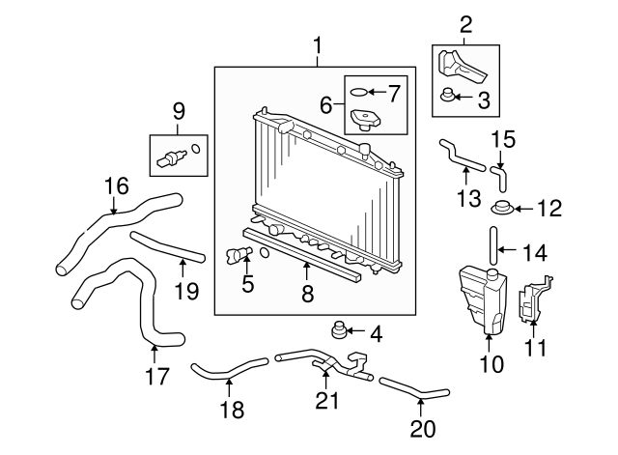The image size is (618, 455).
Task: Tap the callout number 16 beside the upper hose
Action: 116,185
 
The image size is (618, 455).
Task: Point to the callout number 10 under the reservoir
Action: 492,365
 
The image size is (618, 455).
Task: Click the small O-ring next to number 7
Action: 358,94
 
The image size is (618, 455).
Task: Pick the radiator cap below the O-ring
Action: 365,121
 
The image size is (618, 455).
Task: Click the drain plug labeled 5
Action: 239,255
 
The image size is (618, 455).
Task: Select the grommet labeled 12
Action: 501,208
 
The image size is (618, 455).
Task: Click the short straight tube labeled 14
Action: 494,243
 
